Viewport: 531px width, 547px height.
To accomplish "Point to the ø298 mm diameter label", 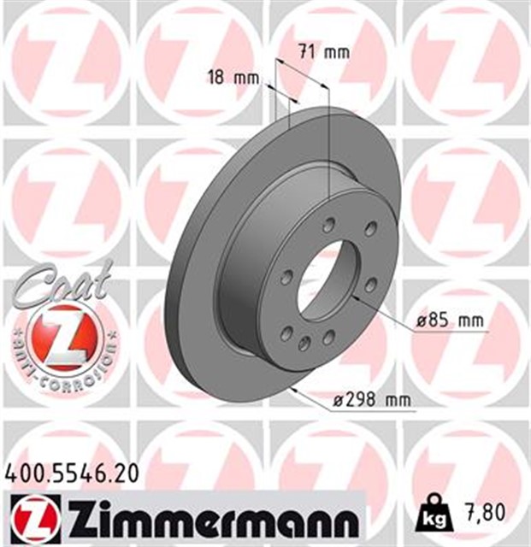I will pyautogui.click(x=371, y=399).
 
